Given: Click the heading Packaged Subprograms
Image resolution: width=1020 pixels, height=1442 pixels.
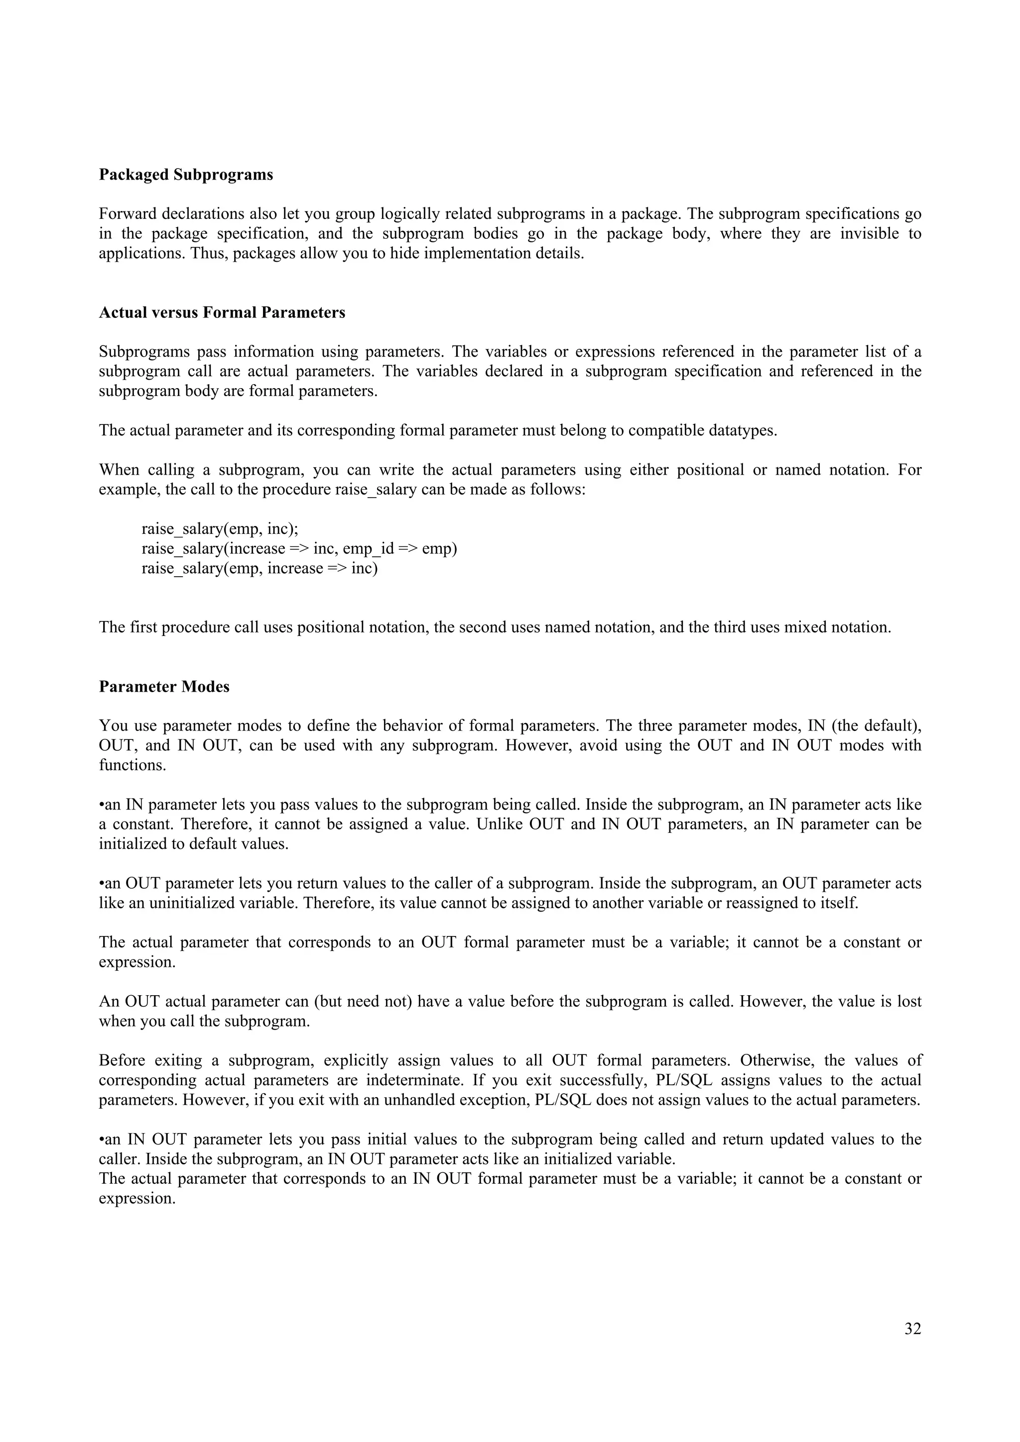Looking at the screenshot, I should click(186, 175).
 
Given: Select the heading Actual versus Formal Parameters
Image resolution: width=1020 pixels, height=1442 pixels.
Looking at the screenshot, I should click(222, 313).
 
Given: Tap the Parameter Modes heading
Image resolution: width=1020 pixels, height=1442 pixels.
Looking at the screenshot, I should click(164, 687).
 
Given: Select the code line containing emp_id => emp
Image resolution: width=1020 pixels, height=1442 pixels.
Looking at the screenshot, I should click(299, 548).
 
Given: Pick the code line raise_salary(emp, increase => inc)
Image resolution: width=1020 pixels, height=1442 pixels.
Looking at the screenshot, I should click(259, 568).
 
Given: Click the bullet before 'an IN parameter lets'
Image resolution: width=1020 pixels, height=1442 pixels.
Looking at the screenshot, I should click(102, 805).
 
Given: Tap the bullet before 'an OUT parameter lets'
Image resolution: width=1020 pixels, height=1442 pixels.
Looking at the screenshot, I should click(102, 884).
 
